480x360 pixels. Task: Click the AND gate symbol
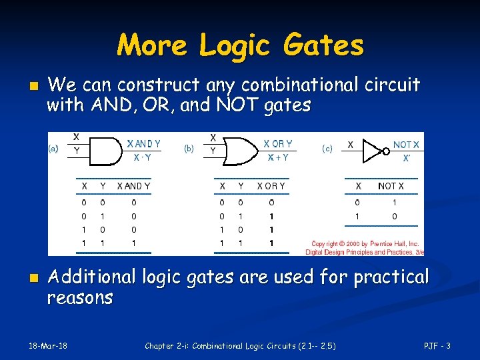(x=103, y=151)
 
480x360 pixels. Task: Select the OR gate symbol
(x=241, y=151)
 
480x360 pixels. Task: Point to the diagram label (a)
(x=53, y=149)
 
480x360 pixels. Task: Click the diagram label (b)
(x=189, y=149)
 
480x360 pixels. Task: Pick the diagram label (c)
(x=327, y=149)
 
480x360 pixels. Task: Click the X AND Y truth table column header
(x=133, y=186)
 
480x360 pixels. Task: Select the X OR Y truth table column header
(x=271, y=186)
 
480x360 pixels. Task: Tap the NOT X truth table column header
(x=391, y=186)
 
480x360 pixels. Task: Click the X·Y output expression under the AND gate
(x=141, y=158)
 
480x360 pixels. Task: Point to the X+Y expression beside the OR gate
(x=278, y=158)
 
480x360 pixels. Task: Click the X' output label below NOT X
(x=406, y=159)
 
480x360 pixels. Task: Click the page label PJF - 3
(x=438, y=345)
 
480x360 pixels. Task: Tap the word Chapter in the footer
(x=161, y=345)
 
